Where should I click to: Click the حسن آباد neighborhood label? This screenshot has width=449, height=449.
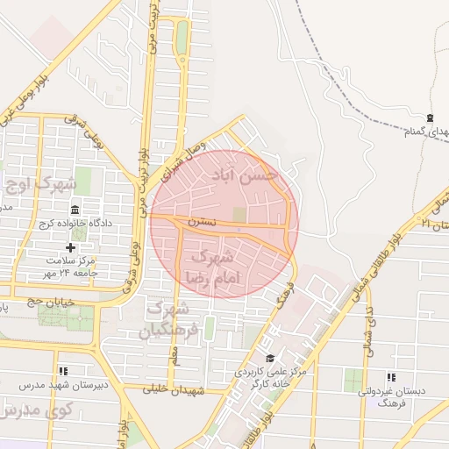coord(245,176)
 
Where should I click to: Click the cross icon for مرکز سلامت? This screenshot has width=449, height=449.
coord(72,248)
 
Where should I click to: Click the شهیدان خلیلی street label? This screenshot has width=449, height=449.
coord(201,388)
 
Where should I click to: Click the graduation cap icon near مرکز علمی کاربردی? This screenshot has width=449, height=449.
coord(271,358)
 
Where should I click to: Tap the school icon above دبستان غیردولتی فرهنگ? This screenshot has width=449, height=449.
coord(390,377)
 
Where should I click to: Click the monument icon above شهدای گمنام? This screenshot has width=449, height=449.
coord(429,118)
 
